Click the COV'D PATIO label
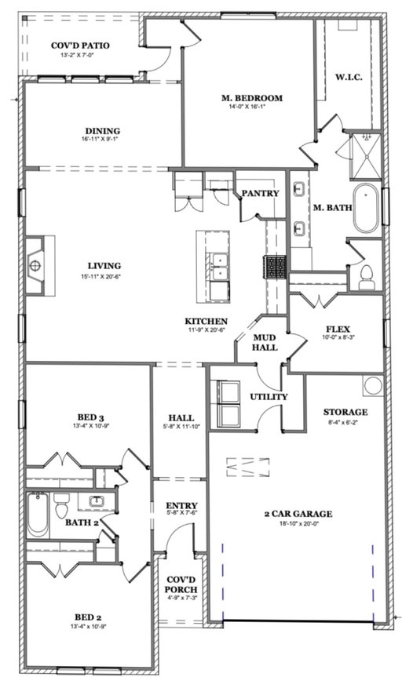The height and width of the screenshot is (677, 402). click(x=80, y=45)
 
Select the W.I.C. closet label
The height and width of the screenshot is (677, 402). click(x=349, y=78)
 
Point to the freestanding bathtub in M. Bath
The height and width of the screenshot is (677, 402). click(x=366, y=209)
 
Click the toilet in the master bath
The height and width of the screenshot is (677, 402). click(x=366, y=277)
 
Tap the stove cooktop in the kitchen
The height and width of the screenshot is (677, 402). click(x=275, y=267)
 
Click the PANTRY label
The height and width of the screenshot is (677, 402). click(x=260, y=194)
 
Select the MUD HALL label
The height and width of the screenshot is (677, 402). click(x=265, y=342)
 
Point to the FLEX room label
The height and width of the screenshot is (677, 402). click(x=338, y=329)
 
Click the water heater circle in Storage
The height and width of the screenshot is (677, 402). click(x=373, y=385)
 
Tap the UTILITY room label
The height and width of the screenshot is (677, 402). click(x=269, y=397)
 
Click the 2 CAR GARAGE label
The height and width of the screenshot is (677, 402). click(x=298, y=514)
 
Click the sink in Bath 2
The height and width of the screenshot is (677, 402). click(x=96, y=501)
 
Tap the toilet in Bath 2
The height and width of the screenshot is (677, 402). click(x=61, y=505)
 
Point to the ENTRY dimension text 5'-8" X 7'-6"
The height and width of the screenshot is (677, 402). click(x=182, y=513)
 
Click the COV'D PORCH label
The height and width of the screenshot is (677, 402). click(x=182, y=584)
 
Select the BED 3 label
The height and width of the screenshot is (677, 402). click(x=90, y=417)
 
